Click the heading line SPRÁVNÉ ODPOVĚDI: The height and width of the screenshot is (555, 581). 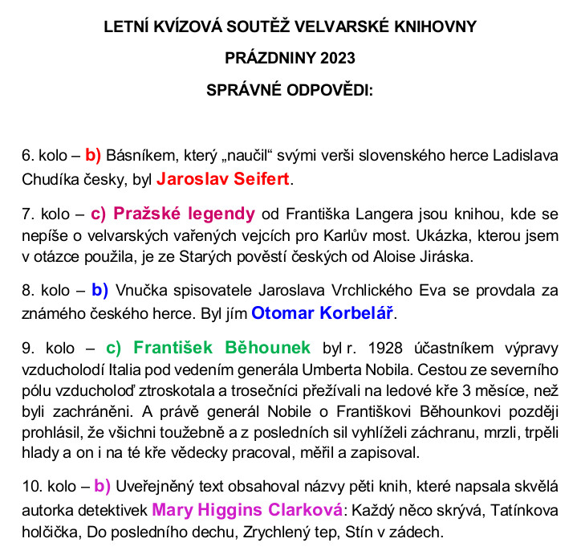point(290,90)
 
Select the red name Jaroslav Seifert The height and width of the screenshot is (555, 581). point(222,178)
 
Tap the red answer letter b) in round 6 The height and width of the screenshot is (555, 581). point(93,153)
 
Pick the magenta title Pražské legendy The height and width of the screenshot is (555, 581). point(184,214)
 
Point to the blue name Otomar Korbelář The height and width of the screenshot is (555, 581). point(323,312)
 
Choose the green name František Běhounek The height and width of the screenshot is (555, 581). point(221,348)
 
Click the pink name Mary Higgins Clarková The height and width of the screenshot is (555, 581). point(247,509)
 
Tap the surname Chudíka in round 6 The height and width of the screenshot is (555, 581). point(52,178)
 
